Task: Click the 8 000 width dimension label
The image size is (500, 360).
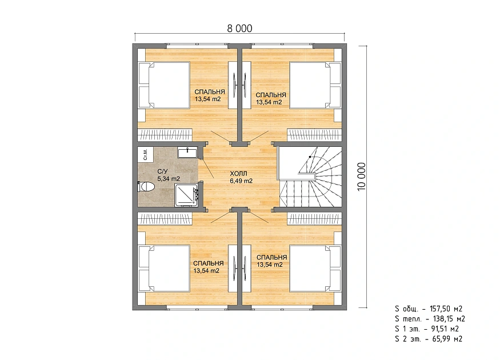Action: click(239, 29)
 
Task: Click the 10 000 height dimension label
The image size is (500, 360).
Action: click(362, 177)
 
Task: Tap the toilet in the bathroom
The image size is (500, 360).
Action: click(146, 186)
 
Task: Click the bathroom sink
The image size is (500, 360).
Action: click(188, 153)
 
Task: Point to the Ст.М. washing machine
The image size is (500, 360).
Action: click(145, 154)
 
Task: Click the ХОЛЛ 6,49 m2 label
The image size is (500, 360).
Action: click(241, 177)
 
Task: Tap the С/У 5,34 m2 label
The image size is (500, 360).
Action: click(169, 175)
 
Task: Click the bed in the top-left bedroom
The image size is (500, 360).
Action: click(164, 85)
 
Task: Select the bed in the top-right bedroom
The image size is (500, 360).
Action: click(315, 85)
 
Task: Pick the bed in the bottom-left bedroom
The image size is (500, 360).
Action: click(164, 269)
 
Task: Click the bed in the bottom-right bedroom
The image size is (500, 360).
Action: click(315, 269)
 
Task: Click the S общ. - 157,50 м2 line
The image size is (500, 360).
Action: click(428, 309)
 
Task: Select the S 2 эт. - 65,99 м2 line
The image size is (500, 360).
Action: click(428, 339)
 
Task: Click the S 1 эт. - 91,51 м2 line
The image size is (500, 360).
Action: click(427, 329)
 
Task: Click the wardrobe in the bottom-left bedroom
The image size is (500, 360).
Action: click(165, 219)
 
